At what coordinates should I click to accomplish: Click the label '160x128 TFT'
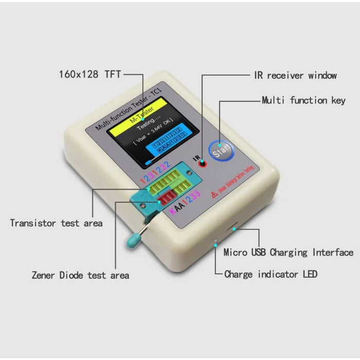90,75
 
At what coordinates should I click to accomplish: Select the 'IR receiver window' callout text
295,76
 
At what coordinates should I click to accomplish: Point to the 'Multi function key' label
303,100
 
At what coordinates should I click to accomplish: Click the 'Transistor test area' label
56,223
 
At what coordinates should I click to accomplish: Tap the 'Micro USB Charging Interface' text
288,253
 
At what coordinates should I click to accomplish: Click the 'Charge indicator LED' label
271,274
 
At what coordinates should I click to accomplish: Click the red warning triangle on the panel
214,194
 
